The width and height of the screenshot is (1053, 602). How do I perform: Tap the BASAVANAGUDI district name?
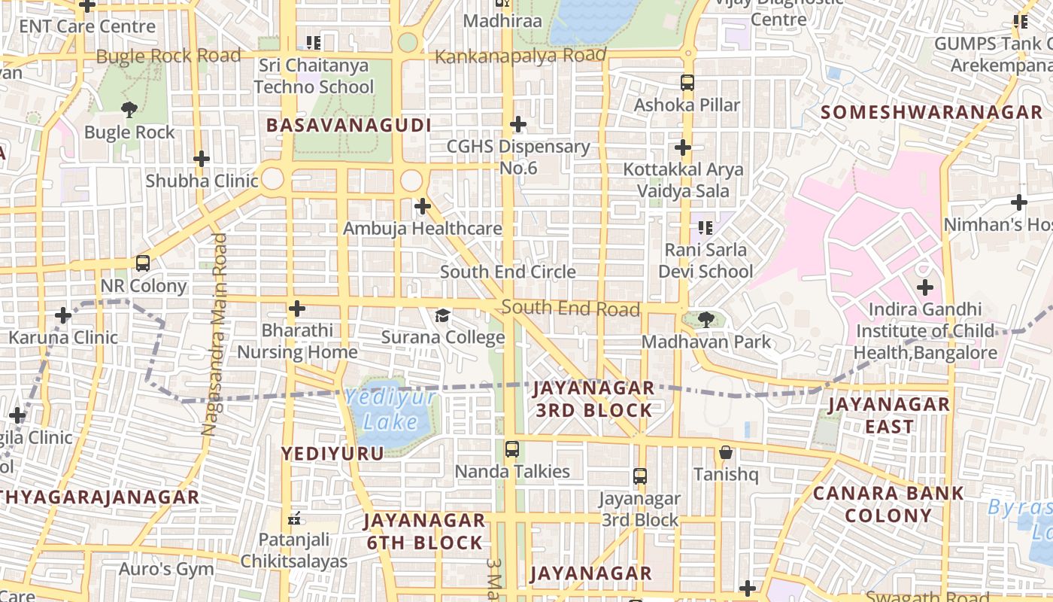point(349,125)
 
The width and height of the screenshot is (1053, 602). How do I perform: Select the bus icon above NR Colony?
point(142,263)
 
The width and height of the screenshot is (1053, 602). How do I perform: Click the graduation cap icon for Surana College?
point(443,315)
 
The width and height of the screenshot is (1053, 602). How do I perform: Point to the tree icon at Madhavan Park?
point(706,320)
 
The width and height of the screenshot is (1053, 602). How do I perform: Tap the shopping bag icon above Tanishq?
point(726,452)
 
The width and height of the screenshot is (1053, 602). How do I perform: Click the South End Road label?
point(570,308)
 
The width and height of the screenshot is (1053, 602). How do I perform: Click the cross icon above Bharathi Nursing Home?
point(297,308)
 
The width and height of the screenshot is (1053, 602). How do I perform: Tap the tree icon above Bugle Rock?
point(129,110)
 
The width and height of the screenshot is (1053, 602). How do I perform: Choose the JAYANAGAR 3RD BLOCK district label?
point(593,399)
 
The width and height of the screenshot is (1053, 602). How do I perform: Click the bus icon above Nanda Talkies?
point(512,449)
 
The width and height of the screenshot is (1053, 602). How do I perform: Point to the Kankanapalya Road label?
point(520,56)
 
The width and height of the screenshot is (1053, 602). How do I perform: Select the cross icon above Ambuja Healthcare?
point(423,205)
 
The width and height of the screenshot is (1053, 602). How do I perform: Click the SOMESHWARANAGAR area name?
point(931,113)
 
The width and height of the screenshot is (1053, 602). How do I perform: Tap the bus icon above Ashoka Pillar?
point(687,82)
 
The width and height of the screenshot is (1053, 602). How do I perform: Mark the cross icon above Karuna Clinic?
point(63,315)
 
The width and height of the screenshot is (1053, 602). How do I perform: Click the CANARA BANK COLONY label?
point(888,504)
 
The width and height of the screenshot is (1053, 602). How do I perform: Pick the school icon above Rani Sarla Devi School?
point(705,227)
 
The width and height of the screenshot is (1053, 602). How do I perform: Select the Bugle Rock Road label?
point(168,56)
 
